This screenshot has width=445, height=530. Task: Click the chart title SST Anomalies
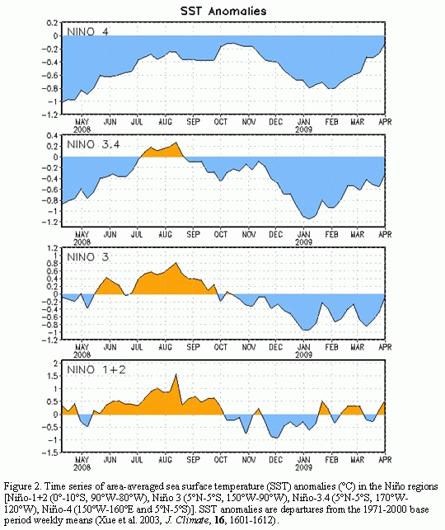coord(223,12)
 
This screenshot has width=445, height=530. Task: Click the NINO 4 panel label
coord(87,32)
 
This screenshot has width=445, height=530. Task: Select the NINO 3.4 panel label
coord(93,145)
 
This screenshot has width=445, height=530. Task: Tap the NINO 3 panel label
coord(87,257)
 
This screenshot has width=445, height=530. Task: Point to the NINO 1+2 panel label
coord(96,369)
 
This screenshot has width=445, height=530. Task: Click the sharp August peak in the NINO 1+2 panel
coord(176,374)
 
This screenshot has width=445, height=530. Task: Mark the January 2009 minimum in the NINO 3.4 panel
coord(308,218)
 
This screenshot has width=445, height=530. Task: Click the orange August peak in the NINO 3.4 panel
coord(176,143)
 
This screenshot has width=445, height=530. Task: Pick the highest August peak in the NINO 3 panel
coord(176,263)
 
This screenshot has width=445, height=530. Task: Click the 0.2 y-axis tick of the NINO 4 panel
coord(53,22)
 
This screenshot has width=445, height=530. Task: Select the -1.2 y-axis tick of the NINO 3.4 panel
coord(50,222)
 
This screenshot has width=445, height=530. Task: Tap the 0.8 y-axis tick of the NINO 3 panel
coord(53,263)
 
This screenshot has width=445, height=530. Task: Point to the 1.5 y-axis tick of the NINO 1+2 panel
coord(53,376)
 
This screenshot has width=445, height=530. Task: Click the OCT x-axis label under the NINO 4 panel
coord(221,122)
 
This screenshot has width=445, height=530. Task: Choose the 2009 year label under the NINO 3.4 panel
coord(304,242)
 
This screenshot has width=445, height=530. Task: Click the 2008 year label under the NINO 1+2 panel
coord(82,467)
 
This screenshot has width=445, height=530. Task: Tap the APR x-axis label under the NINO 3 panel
coord(385,347)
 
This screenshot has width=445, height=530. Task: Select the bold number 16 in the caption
coord(219,519)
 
